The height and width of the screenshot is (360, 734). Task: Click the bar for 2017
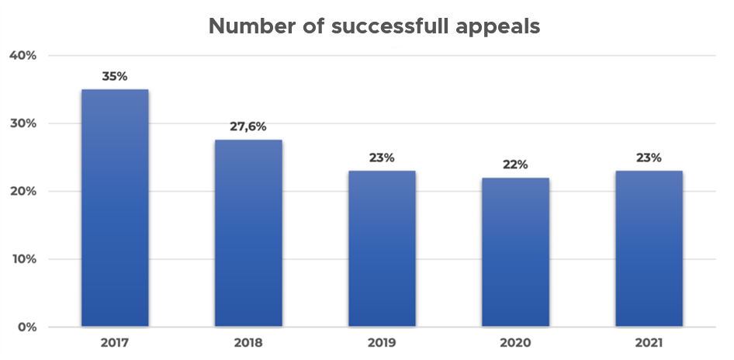coord(115,208)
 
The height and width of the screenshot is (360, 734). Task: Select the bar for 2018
coord(248,233)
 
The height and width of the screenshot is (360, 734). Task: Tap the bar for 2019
coord(382,248)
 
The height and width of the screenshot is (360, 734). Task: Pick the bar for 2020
coord(515,252)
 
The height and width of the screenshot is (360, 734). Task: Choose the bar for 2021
coord(649,248)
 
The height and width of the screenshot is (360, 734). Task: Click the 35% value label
coord(115,77)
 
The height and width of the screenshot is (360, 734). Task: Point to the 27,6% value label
coord(248,126)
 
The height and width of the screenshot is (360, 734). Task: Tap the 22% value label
coord(515,164)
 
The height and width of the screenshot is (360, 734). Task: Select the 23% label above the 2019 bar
coord(382,157)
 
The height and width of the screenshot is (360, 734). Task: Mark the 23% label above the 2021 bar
coord(649,157)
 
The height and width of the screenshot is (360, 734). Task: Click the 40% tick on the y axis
coord(23,56)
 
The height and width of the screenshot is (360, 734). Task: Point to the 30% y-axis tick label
coord(23,123)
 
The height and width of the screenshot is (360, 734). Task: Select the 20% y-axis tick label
coord(23,192)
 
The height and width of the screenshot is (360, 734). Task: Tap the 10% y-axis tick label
coord(23,259)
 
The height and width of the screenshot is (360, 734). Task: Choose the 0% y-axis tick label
coord(26,327)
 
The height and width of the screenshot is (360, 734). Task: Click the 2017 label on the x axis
coord(115,342)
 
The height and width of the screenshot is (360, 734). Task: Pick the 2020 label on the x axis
coord(515,342)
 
